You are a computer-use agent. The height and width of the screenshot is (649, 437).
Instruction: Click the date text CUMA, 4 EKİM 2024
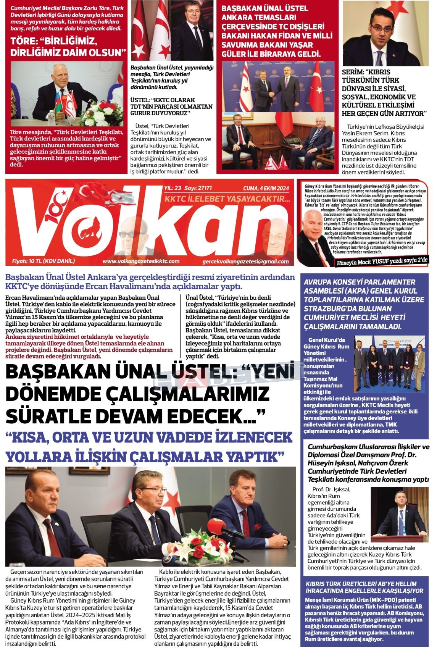[x=266, y=188]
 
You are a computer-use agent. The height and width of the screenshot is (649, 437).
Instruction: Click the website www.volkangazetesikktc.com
[x=141, y=261]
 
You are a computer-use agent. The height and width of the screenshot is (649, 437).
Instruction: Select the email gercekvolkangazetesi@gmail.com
[x=246, y=262]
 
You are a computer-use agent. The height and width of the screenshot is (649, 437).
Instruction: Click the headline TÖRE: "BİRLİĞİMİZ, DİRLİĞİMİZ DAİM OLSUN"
[x=68, y=47]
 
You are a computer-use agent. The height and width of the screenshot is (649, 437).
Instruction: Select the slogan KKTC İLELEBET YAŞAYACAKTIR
[x=227, y=199]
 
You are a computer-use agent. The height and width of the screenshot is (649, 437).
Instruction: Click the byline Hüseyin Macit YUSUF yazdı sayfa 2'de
[x=383, y=261]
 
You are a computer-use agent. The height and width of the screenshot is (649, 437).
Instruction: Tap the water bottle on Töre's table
[x=51, y=118]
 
